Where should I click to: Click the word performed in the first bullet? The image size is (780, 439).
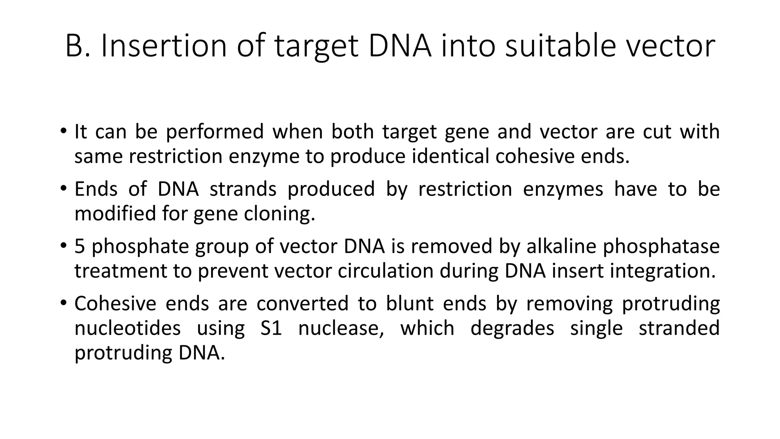pos(215,132)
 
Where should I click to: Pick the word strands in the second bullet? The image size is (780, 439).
pos(243,189)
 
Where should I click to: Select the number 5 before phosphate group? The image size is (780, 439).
pos(79,246)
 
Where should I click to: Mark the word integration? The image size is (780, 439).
pos(663,272)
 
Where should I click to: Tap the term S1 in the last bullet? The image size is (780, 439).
pos(271,328)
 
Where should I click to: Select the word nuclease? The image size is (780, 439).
pos(341,328)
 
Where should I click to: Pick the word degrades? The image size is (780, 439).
pos(512,328)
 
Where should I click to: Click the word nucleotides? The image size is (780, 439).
pos(128,328)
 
